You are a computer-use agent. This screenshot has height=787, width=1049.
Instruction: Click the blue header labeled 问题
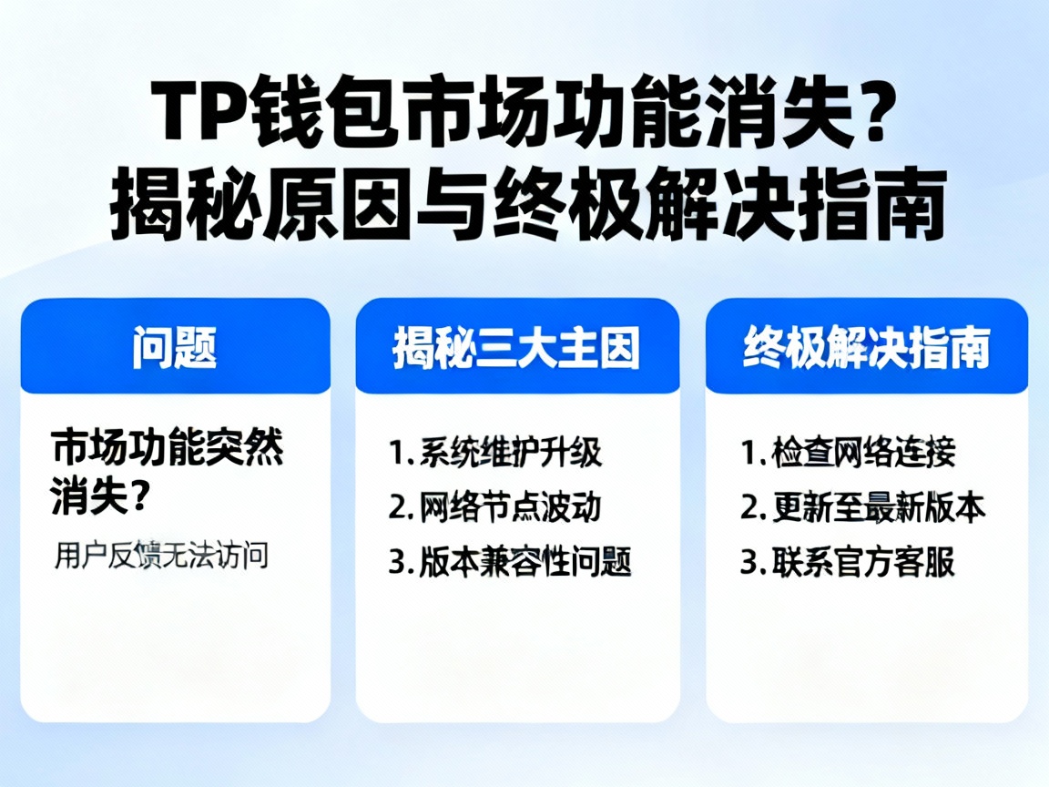(175, 347)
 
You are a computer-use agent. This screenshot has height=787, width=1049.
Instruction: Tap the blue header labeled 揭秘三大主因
(516, 347)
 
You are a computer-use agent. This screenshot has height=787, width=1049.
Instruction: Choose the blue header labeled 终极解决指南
(866, 347)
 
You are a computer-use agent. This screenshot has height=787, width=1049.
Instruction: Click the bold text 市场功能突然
(168, 449)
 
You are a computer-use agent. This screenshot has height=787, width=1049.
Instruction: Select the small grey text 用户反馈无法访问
(161, 555)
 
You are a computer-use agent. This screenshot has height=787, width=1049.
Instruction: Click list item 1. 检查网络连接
(847, 452)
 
